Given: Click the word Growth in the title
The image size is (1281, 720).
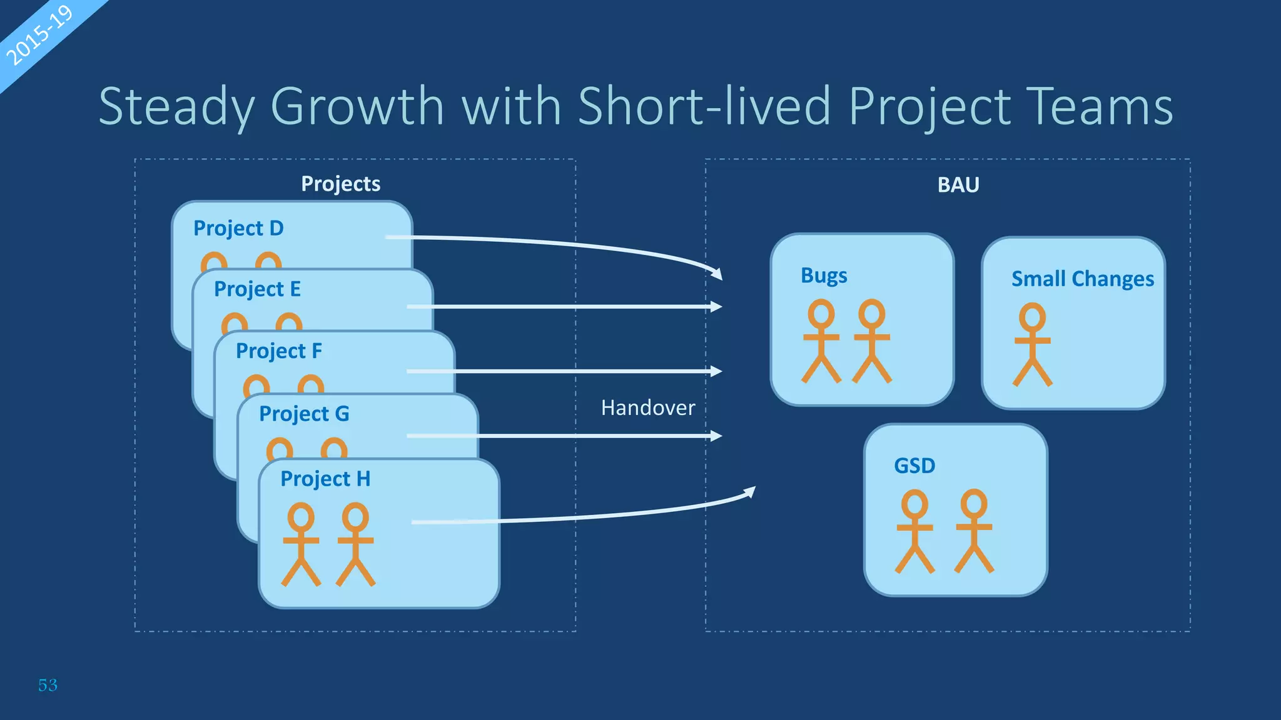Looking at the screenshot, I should [x=357, y=106].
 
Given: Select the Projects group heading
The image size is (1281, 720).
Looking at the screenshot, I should [x=340, y=184].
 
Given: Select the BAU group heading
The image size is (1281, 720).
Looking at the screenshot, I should [x=958, y=185].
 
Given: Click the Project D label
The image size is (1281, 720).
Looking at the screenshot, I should [x=238, y=228].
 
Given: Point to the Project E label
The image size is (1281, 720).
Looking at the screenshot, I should [x=257, y=289].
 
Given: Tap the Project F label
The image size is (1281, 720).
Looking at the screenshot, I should [x=278, y=351].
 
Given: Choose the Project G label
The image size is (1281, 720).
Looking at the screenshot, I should [x=304, y=414].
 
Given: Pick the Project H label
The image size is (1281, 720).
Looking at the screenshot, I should [x=325, y=479].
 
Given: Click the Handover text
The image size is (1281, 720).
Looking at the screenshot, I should [x=647, y=408].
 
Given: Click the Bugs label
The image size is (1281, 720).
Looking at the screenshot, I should [x=824, y=276].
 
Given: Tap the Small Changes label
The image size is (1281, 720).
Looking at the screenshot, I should [x=1082, y=279].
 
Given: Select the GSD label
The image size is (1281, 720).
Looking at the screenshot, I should [x=914, y=466].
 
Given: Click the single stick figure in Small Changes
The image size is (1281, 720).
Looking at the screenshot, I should [x=1032, y=344].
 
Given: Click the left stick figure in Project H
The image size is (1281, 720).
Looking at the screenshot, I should [x=301, y=544].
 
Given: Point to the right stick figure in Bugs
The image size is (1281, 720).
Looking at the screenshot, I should [x=871, y=341].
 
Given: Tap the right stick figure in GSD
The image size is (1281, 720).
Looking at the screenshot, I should [x=973, y=531].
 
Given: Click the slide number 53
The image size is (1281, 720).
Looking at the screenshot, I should [x=48, y=685].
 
